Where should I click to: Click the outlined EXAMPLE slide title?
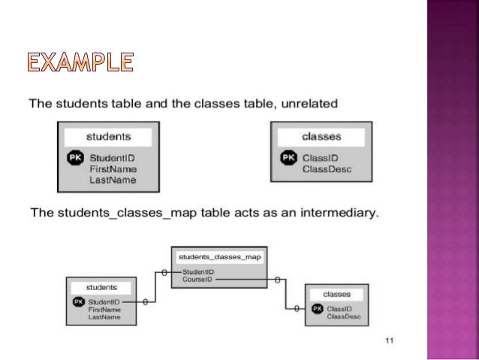pyautogui.click(x=81, y=62)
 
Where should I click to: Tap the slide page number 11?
pyautogui.click(x=389, y=341)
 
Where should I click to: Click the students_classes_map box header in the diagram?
pyautogui.click(x=218, y=256)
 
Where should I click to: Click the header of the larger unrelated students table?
pyautogui.click(x=108, y=137)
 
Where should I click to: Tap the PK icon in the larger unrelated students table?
pyautogui.click(x=74, y=159)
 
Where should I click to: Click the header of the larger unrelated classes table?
pyautogui.click(x=321, y=137)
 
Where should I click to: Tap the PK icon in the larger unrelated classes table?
pyautogui.click(x=288, y=158)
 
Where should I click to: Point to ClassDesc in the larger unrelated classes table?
pyautogui.click(x=326, y=169)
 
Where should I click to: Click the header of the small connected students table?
pyautogui.click(x=101, y=287)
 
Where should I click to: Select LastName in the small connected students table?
pyautogui.click(x=103, y=316)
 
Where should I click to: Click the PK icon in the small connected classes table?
pyautogui.click(x=317, y=309)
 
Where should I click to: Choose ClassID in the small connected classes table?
pyautogui.click(x=339, y=309)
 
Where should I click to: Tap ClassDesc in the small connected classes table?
pyautogui.click(x=342, y=316)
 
